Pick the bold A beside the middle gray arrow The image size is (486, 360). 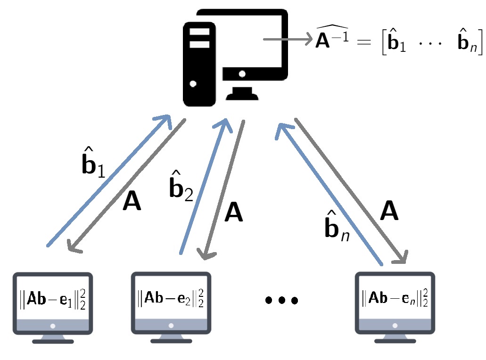tap(233, 213)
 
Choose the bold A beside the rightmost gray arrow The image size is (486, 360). tap(389, 211)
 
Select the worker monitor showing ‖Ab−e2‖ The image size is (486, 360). tap(171, 302)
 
